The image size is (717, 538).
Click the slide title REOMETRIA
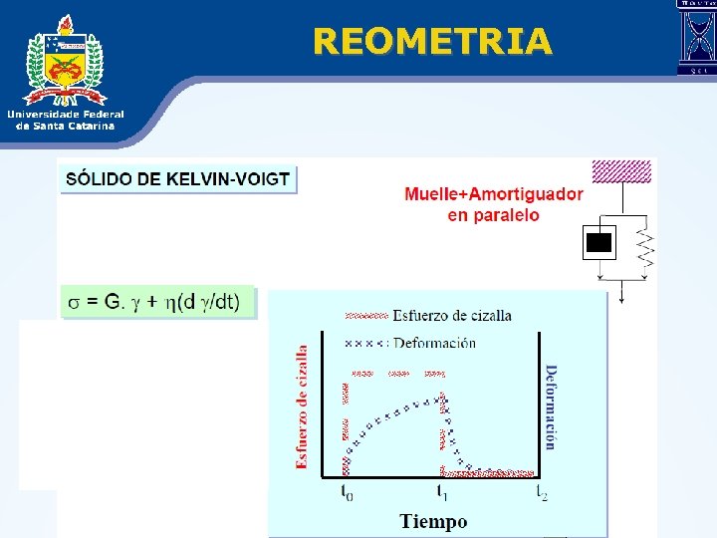click(x=431, y=41)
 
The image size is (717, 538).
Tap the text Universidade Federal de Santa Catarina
click(x=66, y=120)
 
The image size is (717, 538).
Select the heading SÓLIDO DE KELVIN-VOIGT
click(x=178, y=180)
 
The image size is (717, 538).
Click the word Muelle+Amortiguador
click(x=494, y=194)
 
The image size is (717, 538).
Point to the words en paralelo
click(x=494, y=215)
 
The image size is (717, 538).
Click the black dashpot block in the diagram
click(x=598, y=242)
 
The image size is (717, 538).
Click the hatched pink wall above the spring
click(x=621, y=170)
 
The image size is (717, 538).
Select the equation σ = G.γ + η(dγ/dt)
click(x=160, y=302)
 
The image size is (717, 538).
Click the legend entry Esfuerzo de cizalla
click(x=452, y=316)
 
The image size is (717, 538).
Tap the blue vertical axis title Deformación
click(x=551, y=406)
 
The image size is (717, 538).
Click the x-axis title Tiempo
click(x=433, y=521)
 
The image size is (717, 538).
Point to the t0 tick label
click(x=346, y=491)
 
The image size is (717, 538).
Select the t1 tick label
click(x=442, y=491)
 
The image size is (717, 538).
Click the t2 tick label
click(x=542, y=491)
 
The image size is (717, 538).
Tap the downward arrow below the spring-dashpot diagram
click(x=620, y=291)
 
